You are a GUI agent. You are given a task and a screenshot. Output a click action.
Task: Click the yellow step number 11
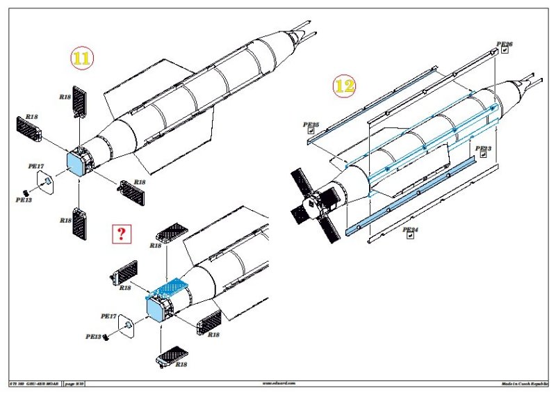82,59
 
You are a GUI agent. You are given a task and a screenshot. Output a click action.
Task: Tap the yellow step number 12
345,85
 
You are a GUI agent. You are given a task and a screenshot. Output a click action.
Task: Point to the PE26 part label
505,45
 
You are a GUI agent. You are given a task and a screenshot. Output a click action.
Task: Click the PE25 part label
311,125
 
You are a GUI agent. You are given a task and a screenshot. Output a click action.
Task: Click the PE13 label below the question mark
95,337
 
